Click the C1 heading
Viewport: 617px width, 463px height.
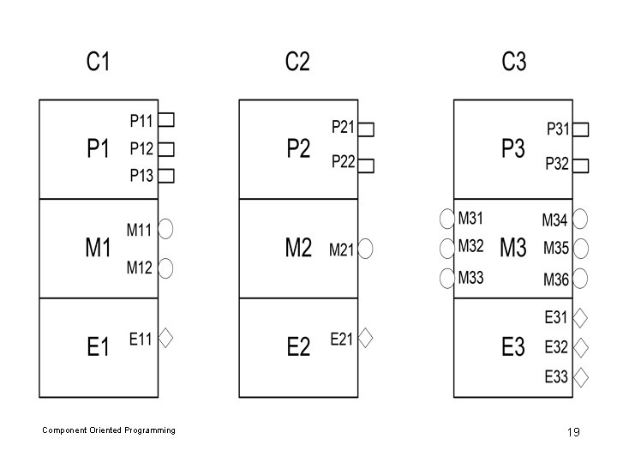point(98,63)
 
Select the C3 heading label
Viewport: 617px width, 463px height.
point(514,63)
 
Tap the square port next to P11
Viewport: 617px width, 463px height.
point(167,119)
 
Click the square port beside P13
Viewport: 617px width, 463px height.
point(167,176)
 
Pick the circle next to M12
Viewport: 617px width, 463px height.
point(166,268)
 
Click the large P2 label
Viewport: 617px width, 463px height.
point(298,149)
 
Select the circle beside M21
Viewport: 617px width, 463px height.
point(366,250)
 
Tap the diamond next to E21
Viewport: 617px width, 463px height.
point(366,339)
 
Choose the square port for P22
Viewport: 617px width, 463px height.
point(366,163)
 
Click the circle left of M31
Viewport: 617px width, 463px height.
point(447,219)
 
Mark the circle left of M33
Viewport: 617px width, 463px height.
point(447,278)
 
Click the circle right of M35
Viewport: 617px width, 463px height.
point(580,250)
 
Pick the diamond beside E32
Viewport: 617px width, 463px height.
point(580,347)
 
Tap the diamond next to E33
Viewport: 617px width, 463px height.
point(580,376)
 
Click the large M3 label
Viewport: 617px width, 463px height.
point(512,249)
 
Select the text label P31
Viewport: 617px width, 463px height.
point(558,129)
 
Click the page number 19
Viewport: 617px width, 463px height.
point(573,432)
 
